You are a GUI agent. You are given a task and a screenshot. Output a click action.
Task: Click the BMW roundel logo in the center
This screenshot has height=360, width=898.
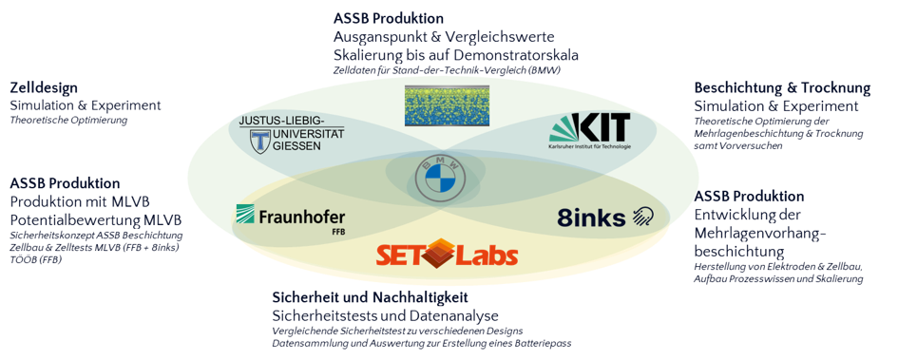coord(440,178)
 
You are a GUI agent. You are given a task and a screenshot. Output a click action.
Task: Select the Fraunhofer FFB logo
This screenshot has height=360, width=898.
coord(291,219)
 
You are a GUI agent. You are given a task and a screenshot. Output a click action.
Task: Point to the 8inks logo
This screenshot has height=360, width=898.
coord(605,217)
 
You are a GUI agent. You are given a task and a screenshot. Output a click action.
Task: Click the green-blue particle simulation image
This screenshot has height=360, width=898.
coord(448,105)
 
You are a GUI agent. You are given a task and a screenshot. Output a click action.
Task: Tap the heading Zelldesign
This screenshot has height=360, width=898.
coord(44,88)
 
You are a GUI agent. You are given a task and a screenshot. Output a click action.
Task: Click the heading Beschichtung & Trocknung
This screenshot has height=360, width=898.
coord(782,88)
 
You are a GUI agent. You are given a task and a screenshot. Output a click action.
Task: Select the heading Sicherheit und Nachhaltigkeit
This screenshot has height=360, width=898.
coord(370,297)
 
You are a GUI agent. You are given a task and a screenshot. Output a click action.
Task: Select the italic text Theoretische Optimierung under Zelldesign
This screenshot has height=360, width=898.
coord(68,121)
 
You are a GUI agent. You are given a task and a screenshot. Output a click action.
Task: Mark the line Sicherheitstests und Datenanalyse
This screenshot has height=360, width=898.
coord(386,316)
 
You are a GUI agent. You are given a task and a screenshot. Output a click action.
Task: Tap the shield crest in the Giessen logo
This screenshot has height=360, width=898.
coord(261,141)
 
